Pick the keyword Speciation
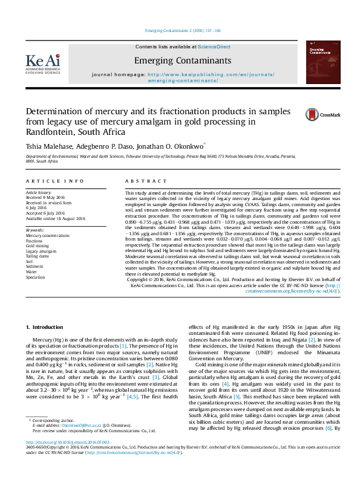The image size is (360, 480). [35, 277]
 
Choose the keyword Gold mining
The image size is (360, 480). [37, 246]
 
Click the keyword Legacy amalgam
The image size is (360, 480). [41, 251]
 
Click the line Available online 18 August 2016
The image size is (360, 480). [55, 218]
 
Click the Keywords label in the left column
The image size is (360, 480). [35, 230]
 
